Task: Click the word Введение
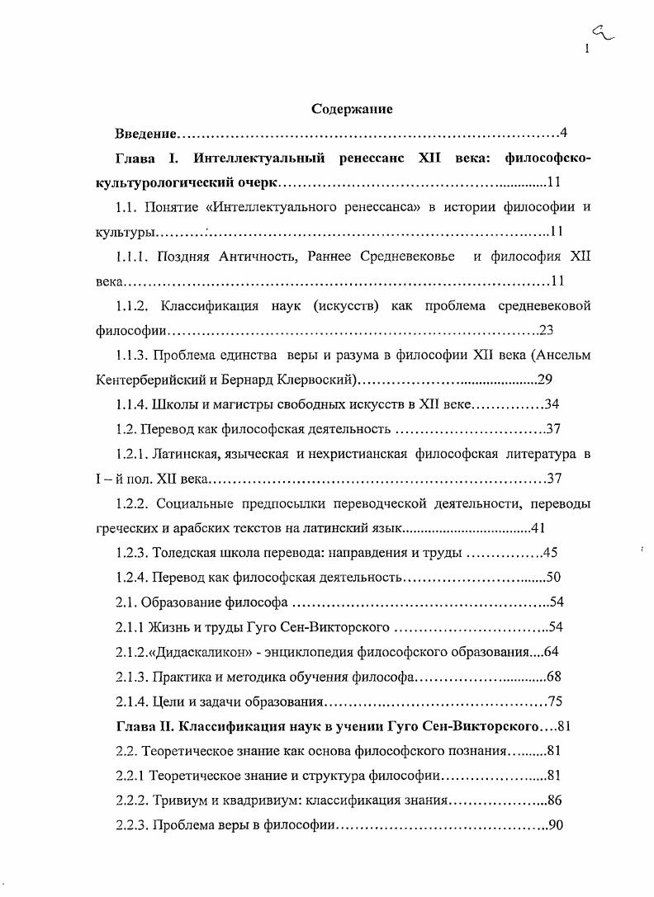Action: [146, 133]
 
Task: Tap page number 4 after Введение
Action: [562, 133]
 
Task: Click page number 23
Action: [547, 331]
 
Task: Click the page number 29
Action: [545, 380]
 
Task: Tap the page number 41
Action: [537, 528]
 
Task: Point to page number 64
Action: [552, 652]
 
